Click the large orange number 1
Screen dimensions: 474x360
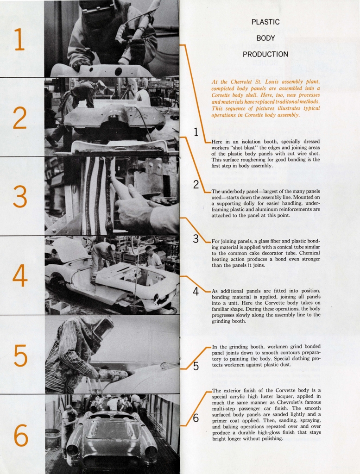(19, 39)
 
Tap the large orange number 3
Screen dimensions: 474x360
(19, 196)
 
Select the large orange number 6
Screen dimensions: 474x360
(20, 436)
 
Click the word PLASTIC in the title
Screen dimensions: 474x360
(265, 22)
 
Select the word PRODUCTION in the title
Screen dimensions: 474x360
(265, 54)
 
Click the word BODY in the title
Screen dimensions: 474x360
(265, 38)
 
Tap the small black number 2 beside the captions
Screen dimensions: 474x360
(196, 185)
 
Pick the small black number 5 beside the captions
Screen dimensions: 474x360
(196, 366)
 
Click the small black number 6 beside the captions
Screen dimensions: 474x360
(196, 418)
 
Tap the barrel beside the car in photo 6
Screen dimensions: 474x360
(53, 437)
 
